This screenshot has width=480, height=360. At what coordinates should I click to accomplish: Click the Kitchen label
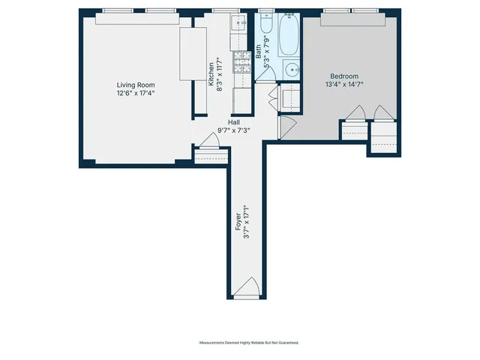coord(211,72)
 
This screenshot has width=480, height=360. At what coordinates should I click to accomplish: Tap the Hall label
coord(235,121)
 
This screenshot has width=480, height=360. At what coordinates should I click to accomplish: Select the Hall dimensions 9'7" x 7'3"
coord(235,130)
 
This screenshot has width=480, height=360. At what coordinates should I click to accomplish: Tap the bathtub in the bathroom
coord(289,36)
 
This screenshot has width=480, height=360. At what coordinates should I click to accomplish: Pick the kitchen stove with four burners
coord(242,61)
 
